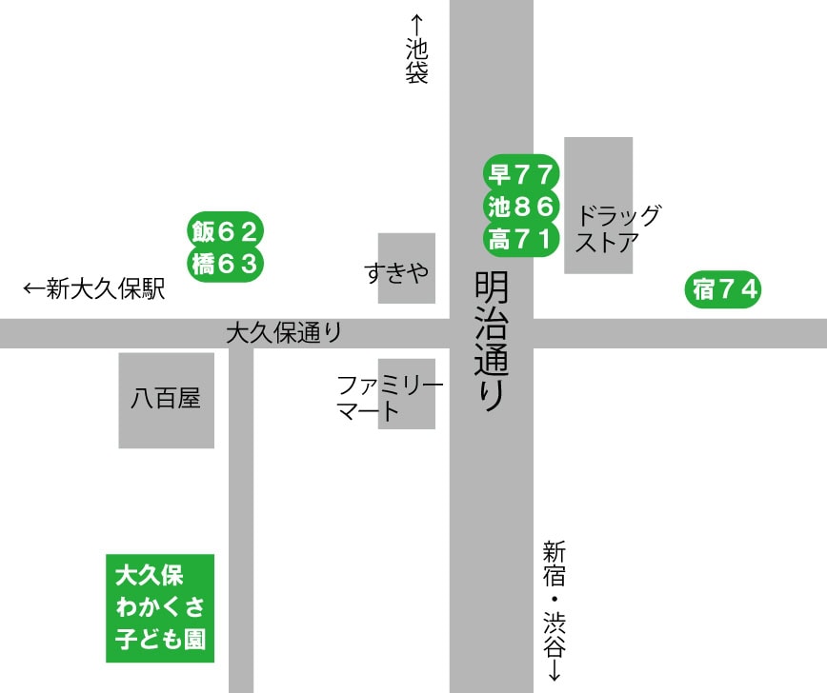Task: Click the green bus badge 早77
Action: coord(520,174)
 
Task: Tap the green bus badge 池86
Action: coord(520,206)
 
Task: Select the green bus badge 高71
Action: coord(520,239)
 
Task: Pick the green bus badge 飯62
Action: coord(225,231)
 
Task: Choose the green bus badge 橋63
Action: coord(225,264)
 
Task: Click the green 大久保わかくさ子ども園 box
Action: coord(160,607)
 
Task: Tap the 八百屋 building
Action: coord(166,400)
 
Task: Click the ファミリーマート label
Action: coord(390,399)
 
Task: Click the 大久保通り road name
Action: coord(284,333)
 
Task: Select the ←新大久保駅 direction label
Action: coord(94,289)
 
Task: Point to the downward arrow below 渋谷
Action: coord(555,673)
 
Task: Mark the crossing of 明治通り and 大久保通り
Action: coord(491,333)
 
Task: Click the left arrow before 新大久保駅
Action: coord(33,289)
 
